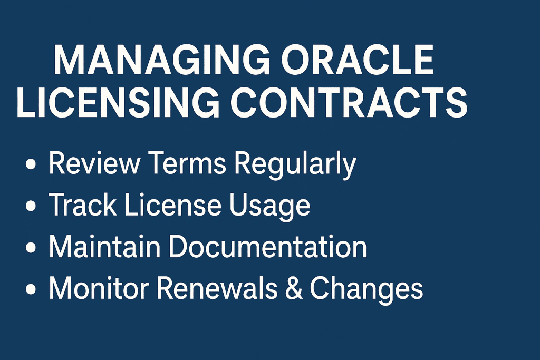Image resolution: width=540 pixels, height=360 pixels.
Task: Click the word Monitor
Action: [x=99, y=289]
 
